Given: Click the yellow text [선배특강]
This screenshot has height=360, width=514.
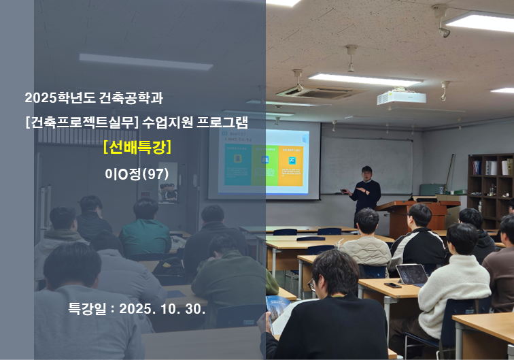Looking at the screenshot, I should (137, 147).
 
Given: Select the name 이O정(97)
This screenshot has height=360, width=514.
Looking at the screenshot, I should (137, 173).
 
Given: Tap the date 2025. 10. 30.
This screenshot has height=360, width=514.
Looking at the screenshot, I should (162, 308).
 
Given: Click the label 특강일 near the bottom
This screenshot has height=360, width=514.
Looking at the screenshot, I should (87, 308).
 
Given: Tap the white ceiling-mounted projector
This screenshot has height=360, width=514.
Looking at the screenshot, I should (401, 97).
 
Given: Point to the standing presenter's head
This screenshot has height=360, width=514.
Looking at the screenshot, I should (366, 171).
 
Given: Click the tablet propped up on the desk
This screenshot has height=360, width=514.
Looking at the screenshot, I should (412, 274).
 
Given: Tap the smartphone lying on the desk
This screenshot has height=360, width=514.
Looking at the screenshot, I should (392, 284).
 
